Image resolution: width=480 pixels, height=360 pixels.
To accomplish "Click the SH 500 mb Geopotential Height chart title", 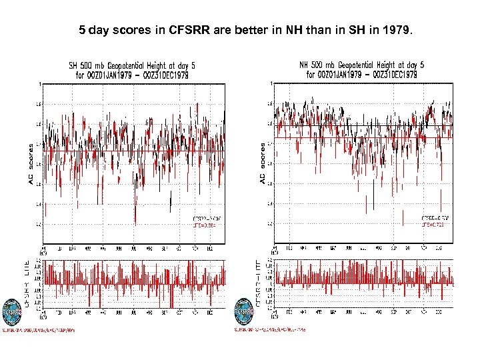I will coord(133,65).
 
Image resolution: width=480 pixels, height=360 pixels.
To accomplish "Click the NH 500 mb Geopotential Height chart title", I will coord(363,65).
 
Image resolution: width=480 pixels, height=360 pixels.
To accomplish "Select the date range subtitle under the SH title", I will coord(132,75).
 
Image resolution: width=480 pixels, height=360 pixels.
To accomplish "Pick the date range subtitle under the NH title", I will coord(362,75).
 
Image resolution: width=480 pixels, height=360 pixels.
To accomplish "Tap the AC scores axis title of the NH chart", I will coord(263,162).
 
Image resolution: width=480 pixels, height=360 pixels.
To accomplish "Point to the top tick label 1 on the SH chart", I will coord(40,84).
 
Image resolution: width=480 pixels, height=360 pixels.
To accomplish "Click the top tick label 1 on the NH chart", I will coord(271,83).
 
